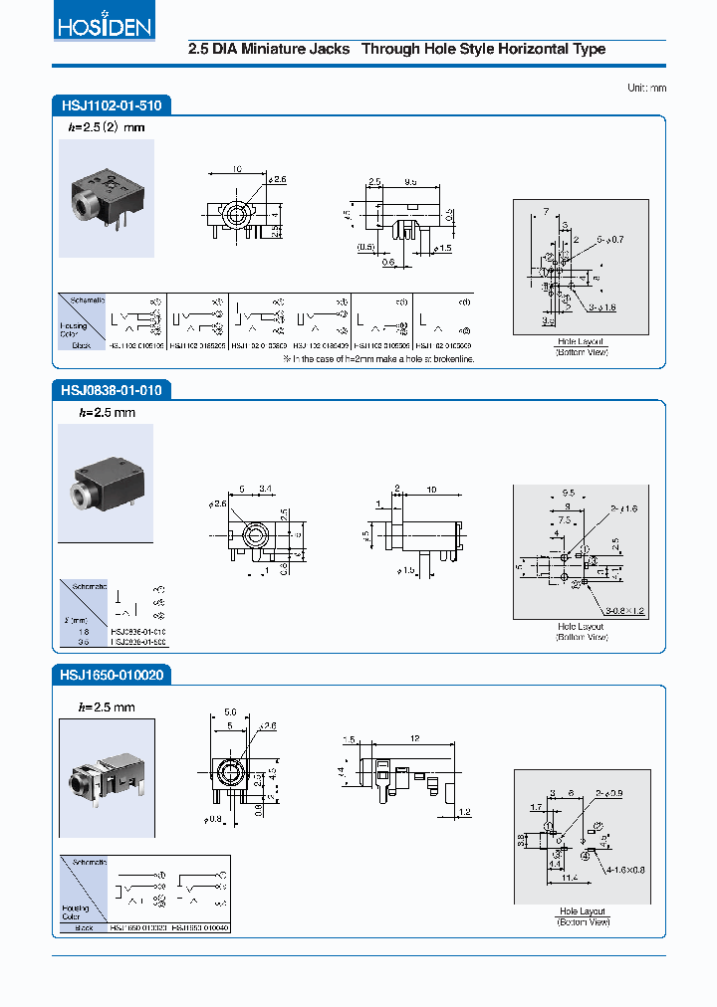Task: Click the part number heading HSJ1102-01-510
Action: point(110,103)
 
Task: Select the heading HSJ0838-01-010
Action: point(110,390)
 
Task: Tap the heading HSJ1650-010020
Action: point(111,675)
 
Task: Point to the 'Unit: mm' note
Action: point(646,88)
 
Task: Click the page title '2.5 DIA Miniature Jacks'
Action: point(269,49)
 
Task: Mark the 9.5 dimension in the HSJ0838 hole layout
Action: point(569,492)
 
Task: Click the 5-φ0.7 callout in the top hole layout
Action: point(609,240)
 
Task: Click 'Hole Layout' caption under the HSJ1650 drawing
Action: point(583,911)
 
